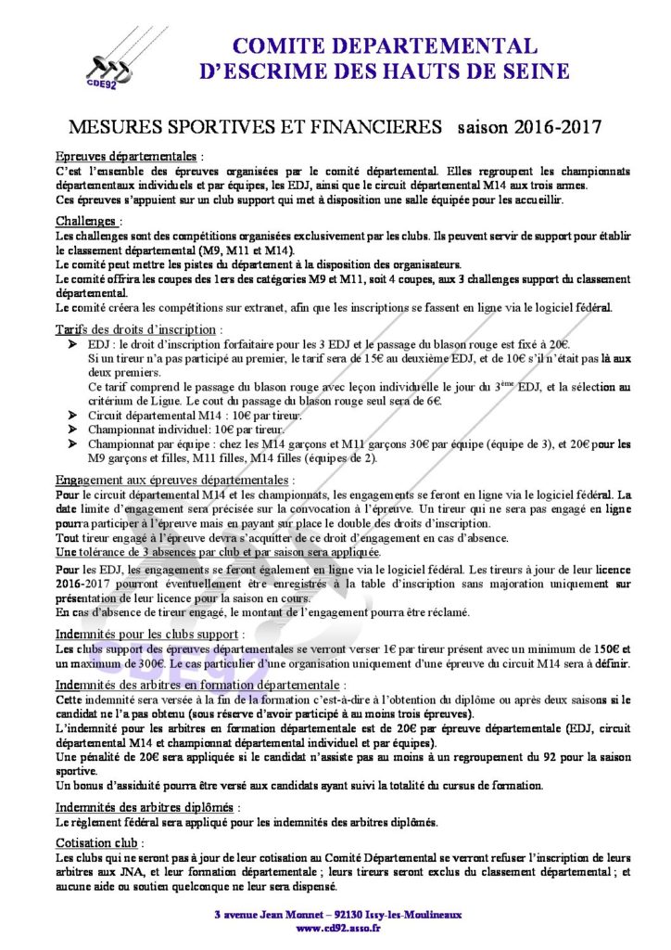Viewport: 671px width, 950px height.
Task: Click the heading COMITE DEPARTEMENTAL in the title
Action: point(384,46)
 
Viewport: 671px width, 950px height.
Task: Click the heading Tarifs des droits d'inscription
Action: point(136,328)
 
